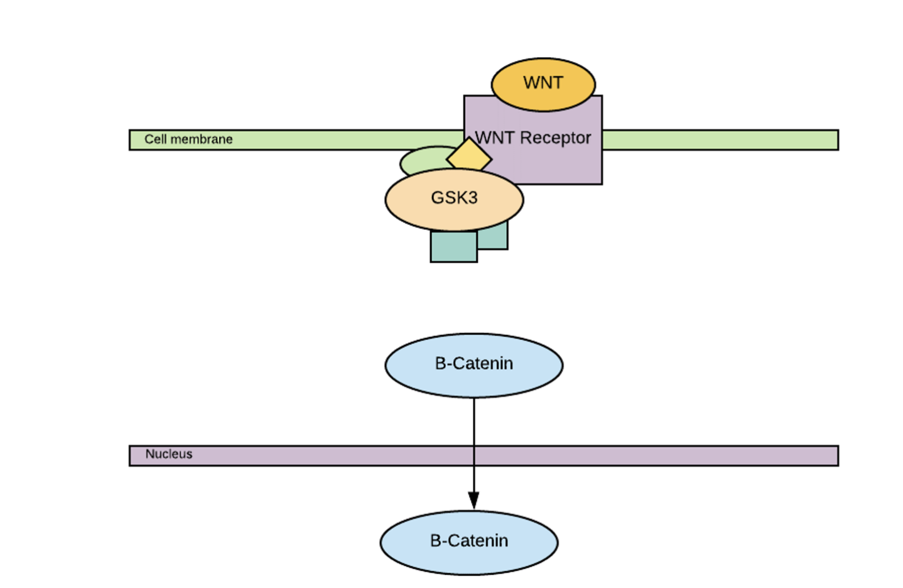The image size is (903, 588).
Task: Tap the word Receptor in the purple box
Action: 555,138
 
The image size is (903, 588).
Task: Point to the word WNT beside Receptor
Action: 494,138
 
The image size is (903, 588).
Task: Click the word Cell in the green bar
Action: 155,139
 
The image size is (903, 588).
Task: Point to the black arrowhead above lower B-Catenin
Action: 473,500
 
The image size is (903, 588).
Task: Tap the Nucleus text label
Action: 168,454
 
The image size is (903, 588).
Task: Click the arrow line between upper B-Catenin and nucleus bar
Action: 473,421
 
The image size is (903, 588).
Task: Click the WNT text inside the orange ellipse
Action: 543,83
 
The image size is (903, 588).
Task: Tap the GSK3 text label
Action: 454,198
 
